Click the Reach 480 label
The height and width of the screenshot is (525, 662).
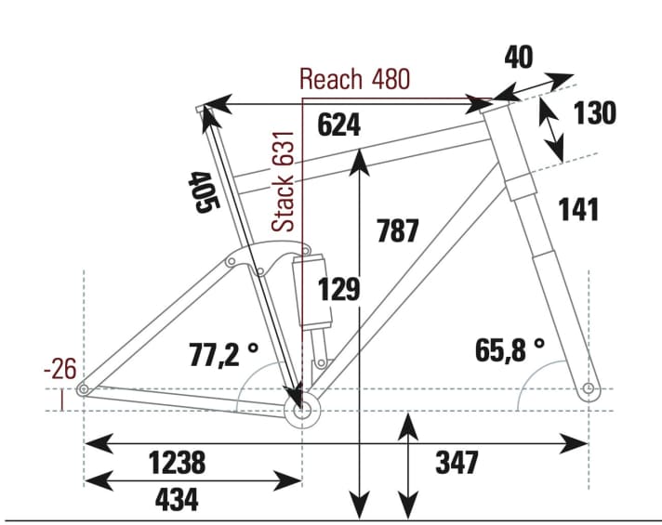tap(354, 80)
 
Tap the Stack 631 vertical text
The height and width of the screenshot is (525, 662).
tap(286, 181)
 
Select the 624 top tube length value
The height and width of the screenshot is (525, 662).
tap(338, 125)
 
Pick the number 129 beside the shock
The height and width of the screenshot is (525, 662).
tap(338, 290)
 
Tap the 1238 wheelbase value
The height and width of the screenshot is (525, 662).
tap(177, 461)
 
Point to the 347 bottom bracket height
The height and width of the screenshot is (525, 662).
tap(457, 462)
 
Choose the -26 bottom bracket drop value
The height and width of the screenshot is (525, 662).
tap(60, 370)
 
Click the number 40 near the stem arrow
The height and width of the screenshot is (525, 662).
tap(518, 58)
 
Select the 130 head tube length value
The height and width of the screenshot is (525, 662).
tap(594, 113)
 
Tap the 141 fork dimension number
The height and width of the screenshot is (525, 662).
tap(579, 210)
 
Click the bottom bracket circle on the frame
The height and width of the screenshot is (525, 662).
tap(301, 410)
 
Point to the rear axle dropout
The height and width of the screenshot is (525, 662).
tap(84, 389)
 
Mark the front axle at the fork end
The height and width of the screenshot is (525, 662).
tap(587, 387)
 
